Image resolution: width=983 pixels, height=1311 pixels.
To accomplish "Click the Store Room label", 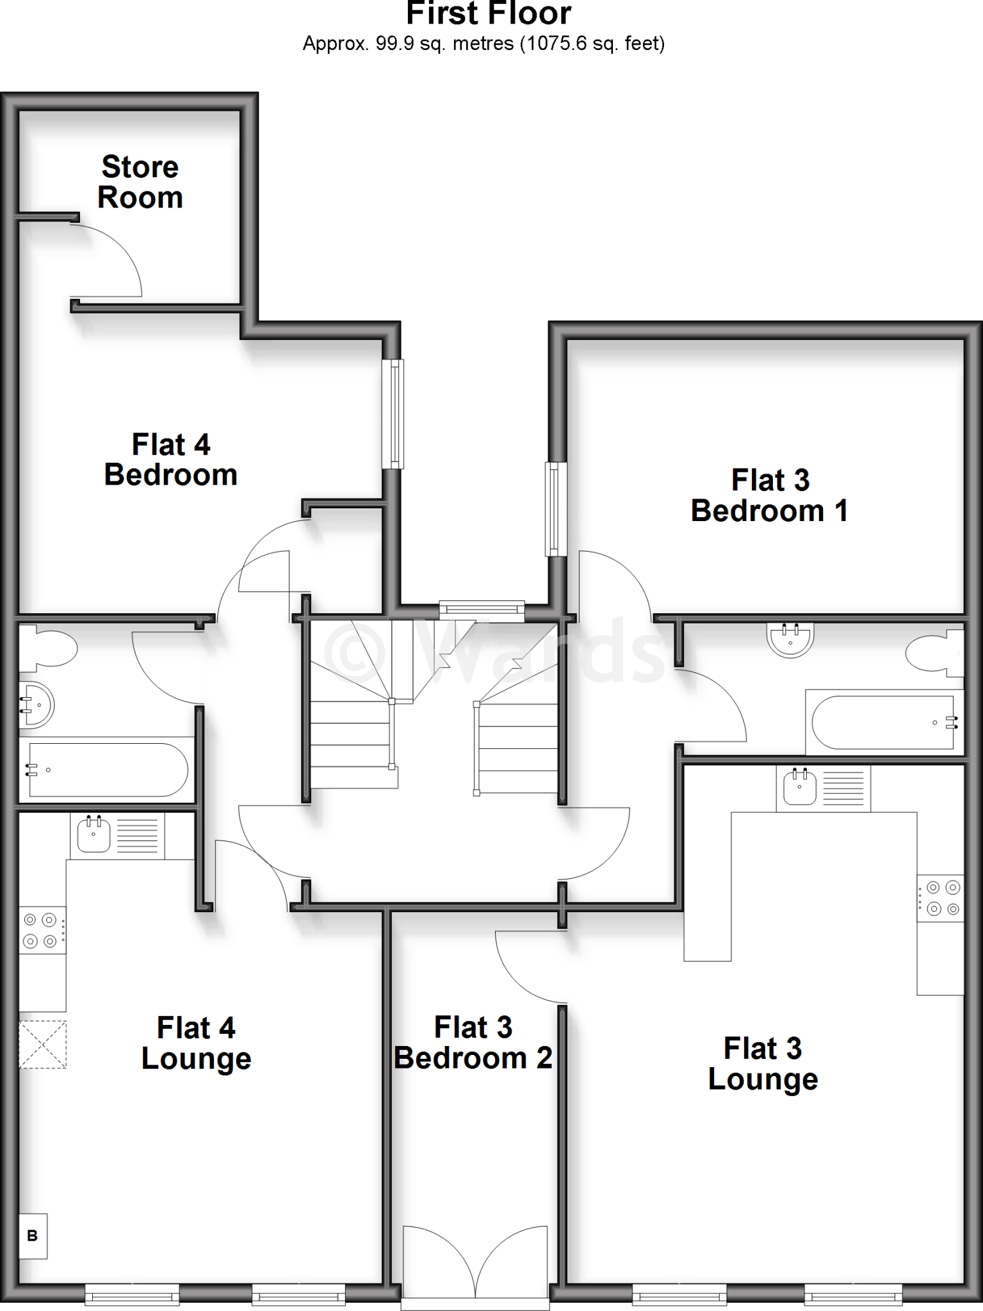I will (140, 182).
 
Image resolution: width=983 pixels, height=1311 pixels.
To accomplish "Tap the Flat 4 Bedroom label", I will (171, 460).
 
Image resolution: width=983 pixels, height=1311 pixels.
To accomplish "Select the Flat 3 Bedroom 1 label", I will (770, 496).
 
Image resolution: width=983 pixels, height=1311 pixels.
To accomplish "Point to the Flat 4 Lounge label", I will (196, 1043).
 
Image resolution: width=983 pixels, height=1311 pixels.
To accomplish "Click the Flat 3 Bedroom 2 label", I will (473, 1043).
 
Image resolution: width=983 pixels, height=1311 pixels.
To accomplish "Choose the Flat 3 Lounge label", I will (763, 1064).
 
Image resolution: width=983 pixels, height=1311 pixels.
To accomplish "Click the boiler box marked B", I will (33, 1236).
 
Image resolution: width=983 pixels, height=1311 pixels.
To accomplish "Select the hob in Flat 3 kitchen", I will (940, 897).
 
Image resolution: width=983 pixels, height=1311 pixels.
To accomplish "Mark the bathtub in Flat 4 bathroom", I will (107, 769).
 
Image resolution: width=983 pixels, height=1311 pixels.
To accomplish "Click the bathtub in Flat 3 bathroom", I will (884, 722).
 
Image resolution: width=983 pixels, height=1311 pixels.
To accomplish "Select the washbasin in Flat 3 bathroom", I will (790, 639).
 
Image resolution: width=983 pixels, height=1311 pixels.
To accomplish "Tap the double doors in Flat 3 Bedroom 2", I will (475, 1264).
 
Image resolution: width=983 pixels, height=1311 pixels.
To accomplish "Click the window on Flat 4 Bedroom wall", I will (393, 414).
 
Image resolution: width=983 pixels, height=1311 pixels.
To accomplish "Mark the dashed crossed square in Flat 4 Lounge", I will (42, 1044).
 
